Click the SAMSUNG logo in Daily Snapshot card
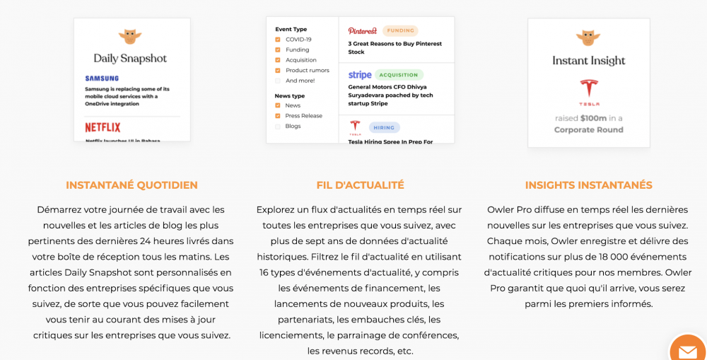(x=102, y=79)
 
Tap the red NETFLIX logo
(x=103, y=127)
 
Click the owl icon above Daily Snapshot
(x=130, y=37)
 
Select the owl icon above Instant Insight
(x=588, y=38)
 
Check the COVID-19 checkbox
(x=278, y=40)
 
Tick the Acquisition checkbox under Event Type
(x=278, y=60)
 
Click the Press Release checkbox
(x=278, y=115)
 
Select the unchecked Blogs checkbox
(x=278, y=126)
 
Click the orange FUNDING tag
(x=400, y=31)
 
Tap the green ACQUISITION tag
(x=399, y=74)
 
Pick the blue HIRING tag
(x=384, y=127)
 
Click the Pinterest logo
(x=363, y=31)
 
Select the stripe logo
(x=360, y=75)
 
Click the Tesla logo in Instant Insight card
(x=589, y=91)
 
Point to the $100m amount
(x=594, y=118)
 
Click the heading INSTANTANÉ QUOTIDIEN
(x=132, y=185)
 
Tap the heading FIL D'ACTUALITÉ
(x=360, y=185)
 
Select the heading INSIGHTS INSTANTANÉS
(x=588, y=185)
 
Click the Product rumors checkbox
(x=278, y=70)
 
